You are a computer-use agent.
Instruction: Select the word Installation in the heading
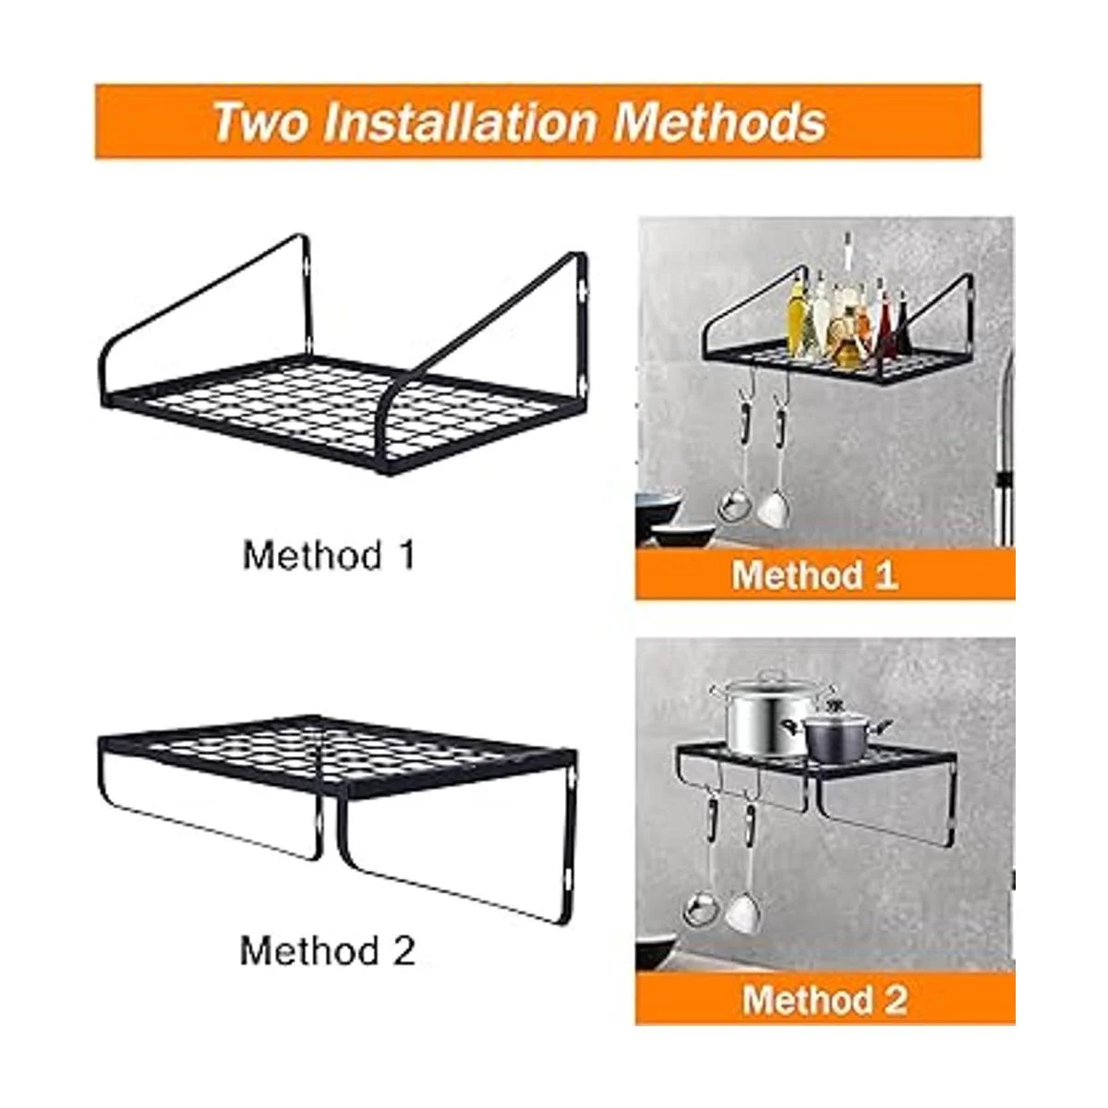[458, 122]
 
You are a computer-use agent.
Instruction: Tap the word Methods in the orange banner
[719, 122]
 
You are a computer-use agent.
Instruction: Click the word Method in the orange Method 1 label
[796, 574]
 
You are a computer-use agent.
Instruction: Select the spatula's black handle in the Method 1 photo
[781, 428]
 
